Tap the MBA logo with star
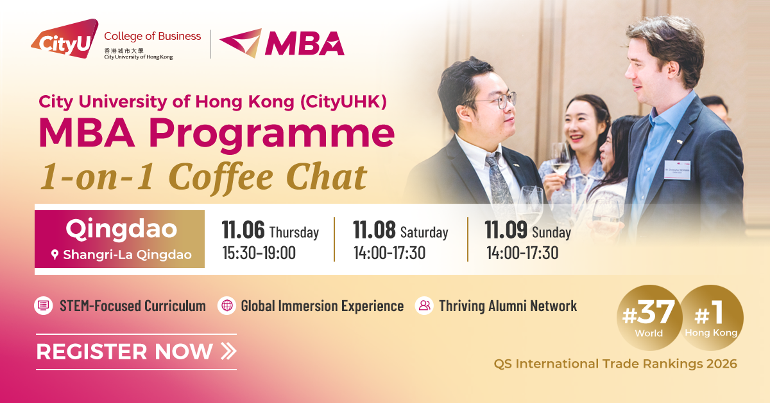282,42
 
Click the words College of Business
152,36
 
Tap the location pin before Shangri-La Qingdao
55,255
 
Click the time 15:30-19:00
259,253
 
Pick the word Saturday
424,232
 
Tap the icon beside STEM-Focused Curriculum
42,306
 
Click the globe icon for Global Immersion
227,306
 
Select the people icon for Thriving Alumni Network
424,306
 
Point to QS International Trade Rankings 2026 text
615,364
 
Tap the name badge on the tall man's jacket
678,168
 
